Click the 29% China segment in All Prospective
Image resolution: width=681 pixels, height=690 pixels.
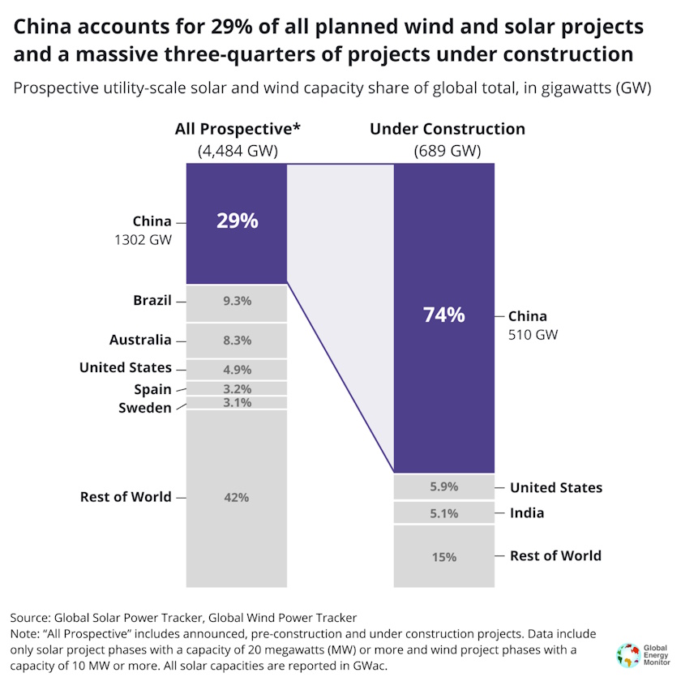pos(237,222)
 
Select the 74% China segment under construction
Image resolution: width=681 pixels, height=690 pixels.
pos(443,316)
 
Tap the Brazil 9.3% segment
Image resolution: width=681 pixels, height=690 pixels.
pos(237,302)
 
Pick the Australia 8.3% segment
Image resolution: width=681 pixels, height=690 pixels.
pos(237,341)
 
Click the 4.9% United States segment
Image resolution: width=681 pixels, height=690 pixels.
pos(237,370)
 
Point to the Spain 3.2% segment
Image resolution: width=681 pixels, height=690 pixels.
pos(237,388)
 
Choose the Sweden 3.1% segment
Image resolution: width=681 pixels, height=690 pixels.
pos(237,403)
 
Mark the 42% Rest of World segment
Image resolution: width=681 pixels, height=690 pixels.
pos(237,498)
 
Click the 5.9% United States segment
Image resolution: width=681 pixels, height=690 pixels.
pos(443,487)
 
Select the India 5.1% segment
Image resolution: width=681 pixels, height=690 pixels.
pos(443,513)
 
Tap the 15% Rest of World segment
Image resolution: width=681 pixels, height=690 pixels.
pos(443,557)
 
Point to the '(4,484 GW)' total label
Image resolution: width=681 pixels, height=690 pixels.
pos(238,150)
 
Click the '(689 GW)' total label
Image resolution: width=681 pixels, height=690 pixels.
pos(447,150)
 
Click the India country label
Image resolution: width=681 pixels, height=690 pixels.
pos(527,513)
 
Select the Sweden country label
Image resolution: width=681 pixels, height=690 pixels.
pos(145,408)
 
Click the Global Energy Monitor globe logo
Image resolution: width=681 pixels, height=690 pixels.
pos(627,655)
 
